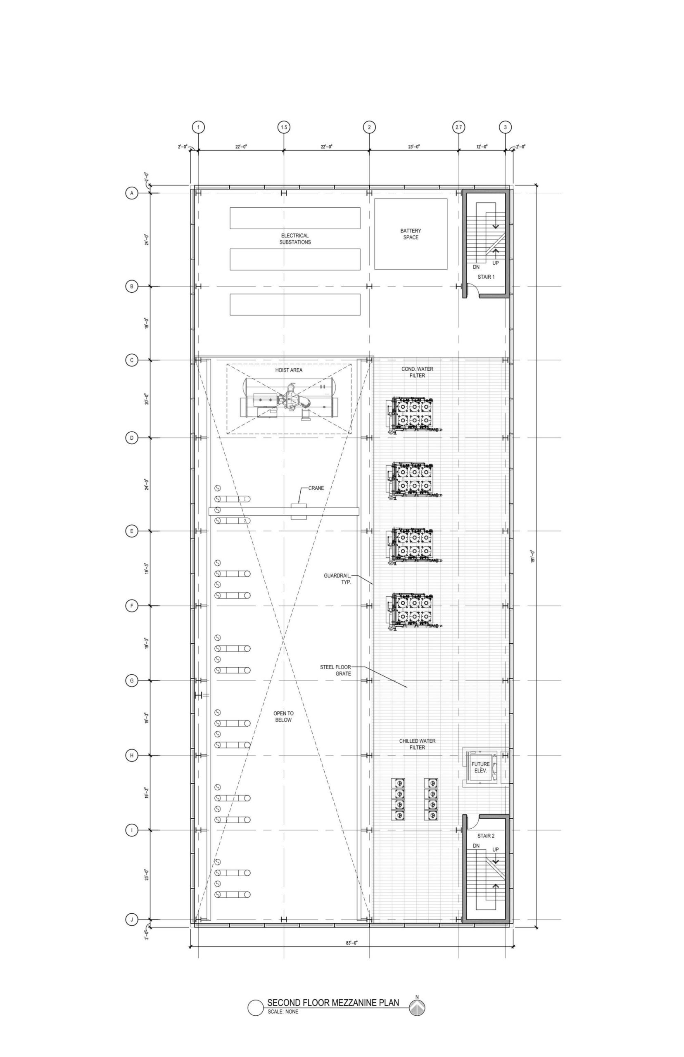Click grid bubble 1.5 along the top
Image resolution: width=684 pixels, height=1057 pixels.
click(284, 128)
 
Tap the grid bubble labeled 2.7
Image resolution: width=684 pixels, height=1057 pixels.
click(458, 128)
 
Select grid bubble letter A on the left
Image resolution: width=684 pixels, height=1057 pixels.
click(131, 194)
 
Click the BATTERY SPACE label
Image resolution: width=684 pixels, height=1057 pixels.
click(411, 234)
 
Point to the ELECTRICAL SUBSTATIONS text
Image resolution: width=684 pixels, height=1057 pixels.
click(295, 239)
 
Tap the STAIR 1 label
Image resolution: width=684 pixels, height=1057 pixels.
click(486, 277)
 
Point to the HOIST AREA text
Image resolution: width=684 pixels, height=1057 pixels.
click(289, 370)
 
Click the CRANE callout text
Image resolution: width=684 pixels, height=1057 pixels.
click(316, 488)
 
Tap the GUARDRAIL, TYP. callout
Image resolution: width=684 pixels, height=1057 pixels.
click(337, 579)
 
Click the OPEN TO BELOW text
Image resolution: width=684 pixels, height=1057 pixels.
click(283, 716)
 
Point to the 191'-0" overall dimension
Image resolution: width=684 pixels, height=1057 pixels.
click(532, 556)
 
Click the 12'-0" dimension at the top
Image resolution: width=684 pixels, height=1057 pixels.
click(482, 147)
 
